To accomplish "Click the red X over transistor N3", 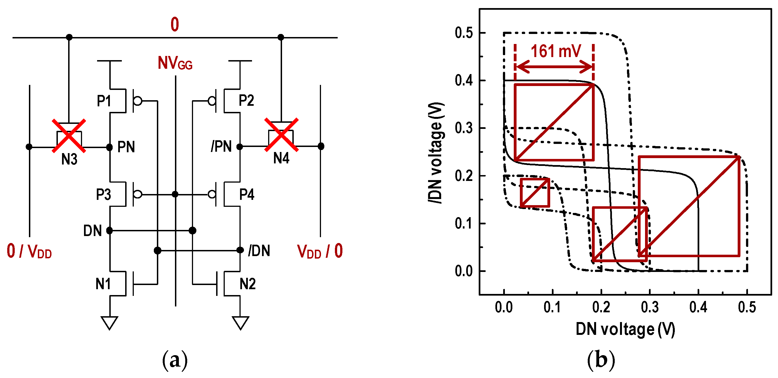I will click(x=69, y=136).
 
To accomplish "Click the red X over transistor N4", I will click(x=281, y=135).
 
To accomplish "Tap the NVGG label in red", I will click(x=175, y=63).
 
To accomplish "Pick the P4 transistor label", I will click(x=246, y=194).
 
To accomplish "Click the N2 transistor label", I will click(x=247, y=284).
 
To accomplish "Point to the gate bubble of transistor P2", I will click(x=212, y=100).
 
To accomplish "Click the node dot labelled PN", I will click(x=110, y=147).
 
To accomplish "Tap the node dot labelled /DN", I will click(x=240, y=250).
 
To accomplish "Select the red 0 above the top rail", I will click(x=175, y=24).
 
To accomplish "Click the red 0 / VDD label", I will click(x=29, y=251).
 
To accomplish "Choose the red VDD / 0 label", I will click(x=320, y=251).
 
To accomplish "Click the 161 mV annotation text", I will click(x=555, y=51).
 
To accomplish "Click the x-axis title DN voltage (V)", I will click(x=625, y=329).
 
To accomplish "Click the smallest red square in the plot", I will click(x=535, y=193).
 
